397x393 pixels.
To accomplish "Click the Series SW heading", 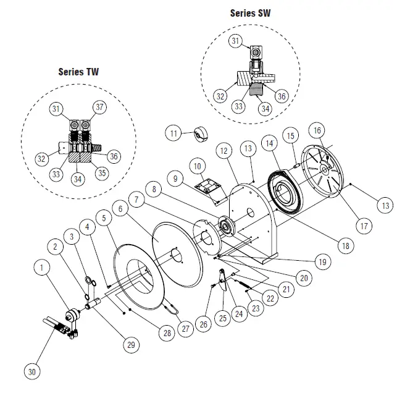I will (250, 12).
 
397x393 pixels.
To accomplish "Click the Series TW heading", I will (78, 71).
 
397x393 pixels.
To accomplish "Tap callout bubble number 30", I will (32, 371).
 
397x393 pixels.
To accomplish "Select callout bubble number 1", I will (42, 269).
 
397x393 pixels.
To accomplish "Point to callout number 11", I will (174, 133).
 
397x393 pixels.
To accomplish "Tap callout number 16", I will (317, 131).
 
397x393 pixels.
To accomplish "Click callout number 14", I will (269, 142).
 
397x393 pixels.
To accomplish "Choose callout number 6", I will (122, 209).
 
